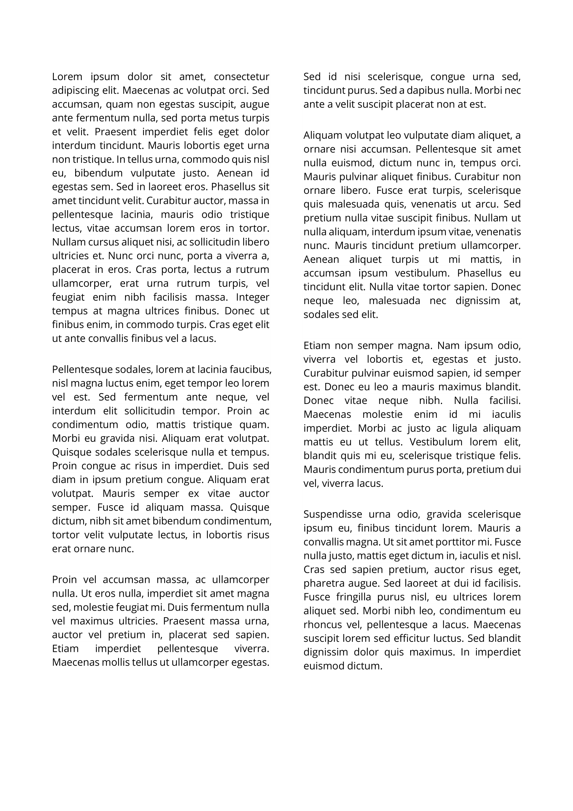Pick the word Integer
[x=252, y=297]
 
